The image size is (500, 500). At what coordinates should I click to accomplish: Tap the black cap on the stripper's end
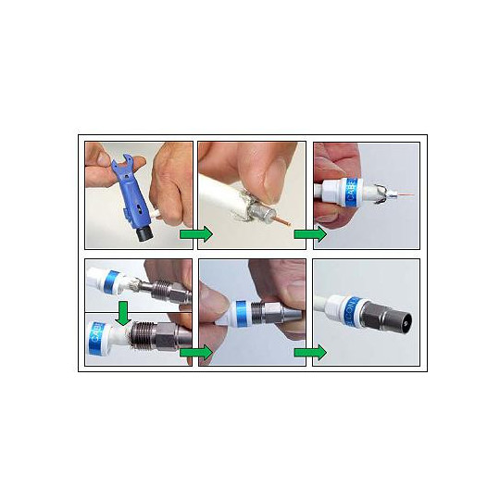pyautogui.click(x=144, y=234)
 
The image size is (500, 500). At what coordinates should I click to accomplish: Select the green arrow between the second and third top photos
pyautogui.click(x=310, y=234)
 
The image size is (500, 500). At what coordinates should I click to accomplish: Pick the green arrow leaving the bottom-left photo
pyautogui.click(x=195, y=352)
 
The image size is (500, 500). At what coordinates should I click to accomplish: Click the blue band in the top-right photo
pyautogui.click(x=350, y=193)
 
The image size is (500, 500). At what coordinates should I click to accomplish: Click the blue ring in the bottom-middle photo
pyautogui.click(x=246, y=312)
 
